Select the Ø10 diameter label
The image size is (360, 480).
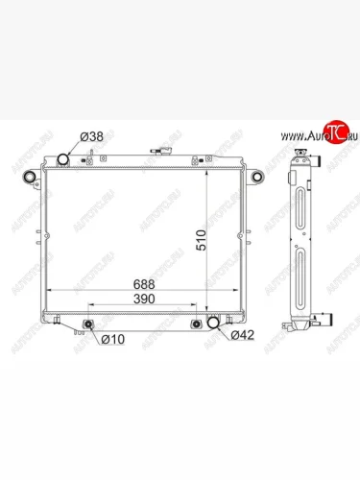pos(113,338)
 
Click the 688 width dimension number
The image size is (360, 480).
pos(144,285)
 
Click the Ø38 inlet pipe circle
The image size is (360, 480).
pos(66,159)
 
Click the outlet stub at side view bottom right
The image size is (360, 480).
pos(329,323)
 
